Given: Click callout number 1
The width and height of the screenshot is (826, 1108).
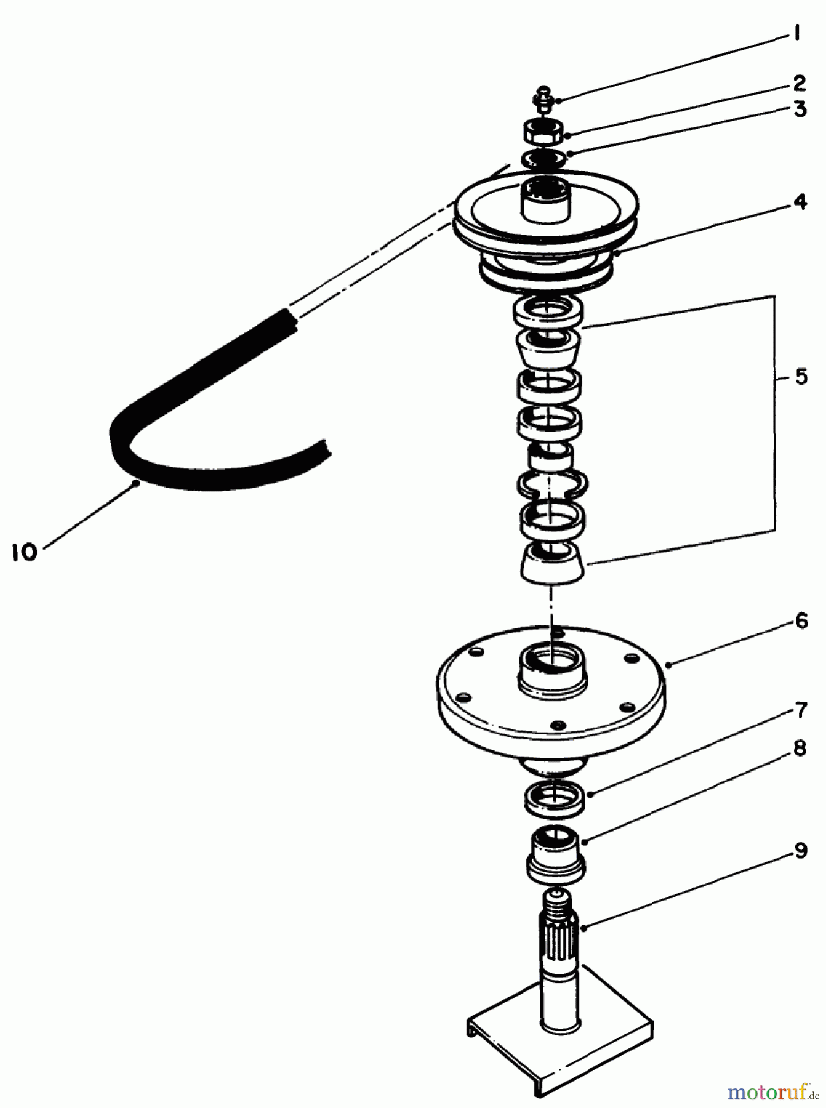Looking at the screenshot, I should click(796, 34).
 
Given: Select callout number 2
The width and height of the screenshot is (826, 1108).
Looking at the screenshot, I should click(798, 82).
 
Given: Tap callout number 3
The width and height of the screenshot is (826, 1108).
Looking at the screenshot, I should click(799, 110).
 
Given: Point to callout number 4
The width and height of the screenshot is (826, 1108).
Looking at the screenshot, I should click(800, 201).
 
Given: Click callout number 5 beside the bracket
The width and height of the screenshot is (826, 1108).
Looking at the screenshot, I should click(801, 377).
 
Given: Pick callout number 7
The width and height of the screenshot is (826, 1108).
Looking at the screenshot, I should click(801, 711).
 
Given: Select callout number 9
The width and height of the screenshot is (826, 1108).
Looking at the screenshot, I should click(800, 853).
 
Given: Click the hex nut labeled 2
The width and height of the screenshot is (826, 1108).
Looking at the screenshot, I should click(542, 132).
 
